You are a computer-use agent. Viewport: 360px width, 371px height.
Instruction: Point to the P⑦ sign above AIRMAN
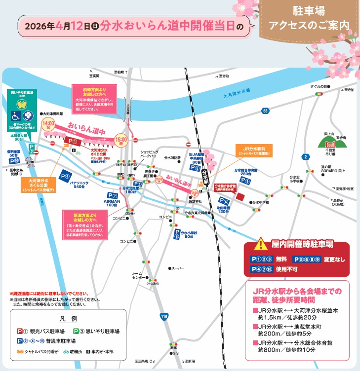[113, 195]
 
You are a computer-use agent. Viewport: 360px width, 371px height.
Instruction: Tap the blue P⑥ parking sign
[225, 201]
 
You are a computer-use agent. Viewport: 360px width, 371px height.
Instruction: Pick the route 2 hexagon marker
[306, 156]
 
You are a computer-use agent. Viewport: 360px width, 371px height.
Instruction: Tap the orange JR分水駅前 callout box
[251, 150]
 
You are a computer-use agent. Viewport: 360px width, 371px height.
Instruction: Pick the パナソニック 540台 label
[72, 184]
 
